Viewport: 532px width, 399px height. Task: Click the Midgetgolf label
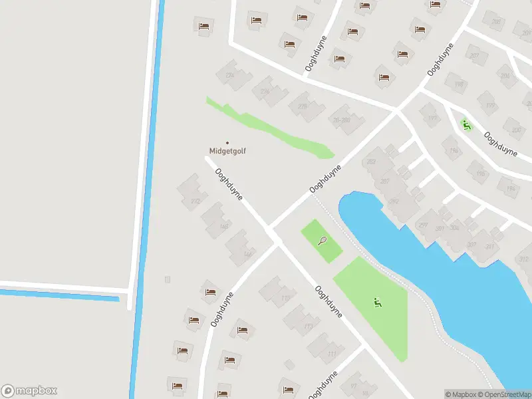[227, 151]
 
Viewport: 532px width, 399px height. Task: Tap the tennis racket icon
[322, 240]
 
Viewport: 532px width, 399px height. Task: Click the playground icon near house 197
[465, 124]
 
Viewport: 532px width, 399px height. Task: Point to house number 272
[195, 201]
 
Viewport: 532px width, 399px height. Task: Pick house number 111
[332, 354]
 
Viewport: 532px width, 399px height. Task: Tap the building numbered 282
[370, 161]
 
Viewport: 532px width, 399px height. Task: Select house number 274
[230, 76]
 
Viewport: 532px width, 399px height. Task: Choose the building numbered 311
[490, 247]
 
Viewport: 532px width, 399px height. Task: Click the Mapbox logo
[30, 391]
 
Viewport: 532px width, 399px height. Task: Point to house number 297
[423, 225]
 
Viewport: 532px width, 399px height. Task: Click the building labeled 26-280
[341, 120]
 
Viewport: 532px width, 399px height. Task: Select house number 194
[511, 189]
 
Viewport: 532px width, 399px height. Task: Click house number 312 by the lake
[523, 259]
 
